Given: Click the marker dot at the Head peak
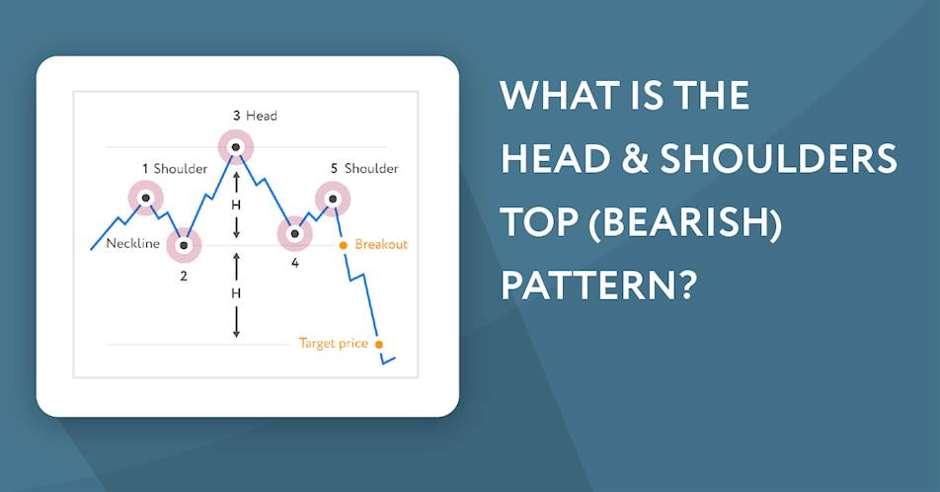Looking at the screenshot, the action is pyautogui.click(x=236, y=147).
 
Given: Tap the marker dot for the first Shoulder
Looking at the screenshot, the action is pyautogui.click(x=146, y=198).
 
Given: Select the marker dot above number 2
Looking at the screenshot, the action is pyautogui.click(x=184, y=245).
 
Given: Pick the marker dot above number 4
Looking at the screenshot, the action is pyautogui.click(x=294, y=233).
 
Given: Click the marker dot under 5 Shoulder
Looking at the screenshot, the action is pyautogui.click(x=333, y=198).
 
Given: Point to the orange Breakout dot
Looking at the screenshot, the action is pyautogui.click(x=344, y=245).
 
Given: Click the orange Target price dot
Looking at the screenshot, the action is pyautogui.click(x=379, y=345).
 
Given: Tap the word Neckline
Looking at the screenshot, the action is pyautogui.click(x=133, y=244).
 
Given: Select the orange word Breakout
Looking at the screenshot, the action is pyautogui.click(x=381, y=244).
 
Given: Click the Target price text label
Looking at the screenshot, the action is pyautogui.click(x=334, y=343).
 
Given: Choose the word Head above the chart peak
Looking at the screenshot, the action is pyautogui.click(x=262, y=116).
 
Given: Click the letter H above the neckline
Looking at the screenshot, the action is pyautogui.click(x=236, y=205).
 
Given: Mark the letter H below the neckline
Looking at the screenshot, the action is pyautogui.click(x=236, y=293).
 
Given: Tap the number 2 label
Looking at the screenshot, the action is pyautogui.click(x=184, y=276).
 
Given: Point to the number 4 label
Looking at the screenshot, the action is pyautogui.click(x=295, y=263).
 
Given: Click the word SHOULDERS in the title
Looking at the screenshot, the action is pyautogui.click(x=779, y=158).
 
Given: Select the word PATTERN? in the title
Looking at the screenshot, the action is pyautogui.click(x=599, y=285).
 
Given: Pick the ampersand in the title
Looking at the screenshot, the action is pyautogui.click(x=636, y=158).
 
